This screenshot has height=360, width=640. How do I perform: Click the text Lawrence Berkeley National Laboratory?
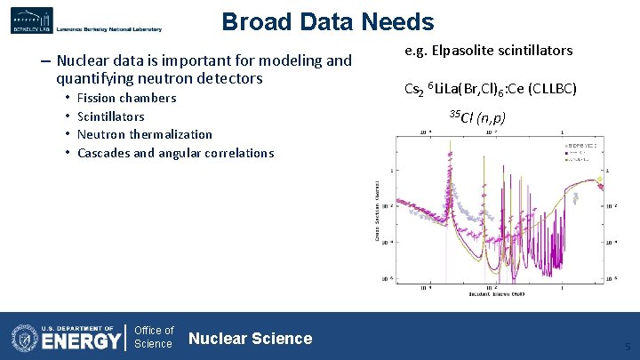(x=108, y=29)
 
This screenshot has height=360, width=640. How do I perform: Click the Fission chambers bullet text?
(x=126, y=98)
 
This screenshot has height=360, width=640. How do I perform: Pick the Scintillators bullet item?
(x=110, y=116)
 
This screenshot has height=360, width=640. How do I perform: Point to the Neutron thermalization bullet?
(x=144, y=134)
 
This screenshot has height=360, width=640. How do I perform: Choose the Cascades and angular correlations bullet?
(x=175, y=153)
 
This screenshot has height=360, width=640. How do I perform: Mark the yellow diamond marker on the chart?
(x=600, y=180)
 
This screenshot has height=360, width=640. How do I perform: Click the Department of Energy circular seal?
(x=24, y=338)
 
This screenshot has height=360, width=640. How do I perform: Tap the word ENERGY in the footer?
(x=81, y=341)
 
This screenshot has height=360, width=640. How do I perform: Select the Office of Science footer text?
(x=154, y=338)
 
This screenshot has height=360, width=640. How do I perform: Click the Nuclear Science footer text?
(x=251, y=338)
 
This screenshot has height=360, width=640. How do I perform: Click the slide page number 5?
(x=628, y=347)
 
